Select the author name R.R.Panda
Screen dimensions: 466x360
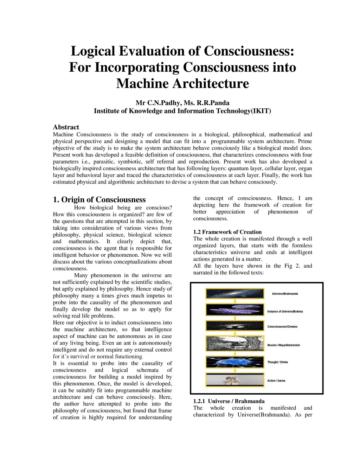(x=215, y=103)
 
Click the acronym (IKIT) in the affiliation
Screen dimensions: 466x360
(x=260, y=111)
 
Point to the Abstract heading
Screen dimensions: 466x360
(x=66, y=127)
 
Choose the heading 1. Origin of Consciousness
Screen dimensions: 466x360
(x=99, y=199)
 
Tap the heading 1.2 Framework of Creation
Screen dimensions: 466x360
(x=227, y=232)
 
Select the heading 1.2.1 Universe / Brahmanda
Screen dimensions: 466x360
(x=229, y=401)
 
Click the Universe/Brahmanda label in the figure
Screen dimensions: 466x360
(x=285, y=294)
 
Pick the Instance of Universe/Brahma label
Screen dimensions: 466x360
(x=285, y=311)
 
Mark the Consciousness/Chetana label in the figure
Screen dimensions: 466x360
(x=282, y=327)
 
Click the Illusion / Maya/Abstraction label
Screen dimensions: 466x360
(x=283, y=345)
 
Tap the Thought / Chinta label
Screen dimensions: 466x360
(x=277, y=362)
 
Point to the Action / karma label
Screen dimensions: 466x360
(x=276, y=381)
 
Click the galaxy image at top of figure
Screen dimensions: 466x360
(x=234, y=294)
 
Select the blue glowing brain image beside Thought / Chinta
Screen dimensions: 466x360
(x=234, y=362)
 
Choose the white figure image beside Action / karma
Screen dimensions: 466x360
(x=234, y=381)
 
